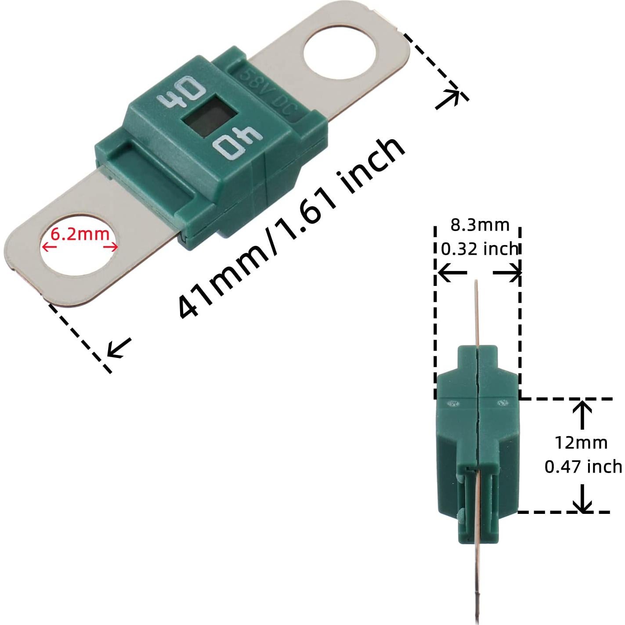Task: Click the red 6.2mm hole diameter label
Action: pyautogui.click(x=79, y=234)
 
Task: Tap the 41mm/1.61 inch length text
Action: pyautogui.click(x=290, y=228)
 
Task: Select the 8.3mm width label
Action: pyautogui.click(x=480, y=225)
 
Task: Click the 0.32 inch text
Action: pyautogui.click(x=480, y=249)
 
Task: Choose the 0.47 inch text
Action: pyautogui.click(x=583, y=466)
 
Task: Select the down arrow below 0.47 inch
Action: pyautogui.click(x=582, y=499)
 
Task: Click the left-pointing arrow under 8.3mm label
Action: pyautogui.click(x=452, y=273)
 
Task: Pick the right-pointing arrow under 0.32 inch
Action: pyautogui.click(x=507, y=273)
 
